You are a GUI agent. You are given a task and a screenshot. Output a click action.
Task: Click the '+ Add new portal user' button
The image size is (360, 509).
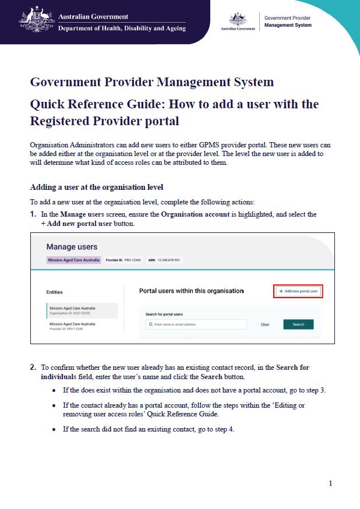coord(298,291)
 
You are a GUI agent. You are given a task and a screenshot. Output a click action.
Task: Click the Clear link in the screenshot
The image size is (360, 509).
coord(264,324)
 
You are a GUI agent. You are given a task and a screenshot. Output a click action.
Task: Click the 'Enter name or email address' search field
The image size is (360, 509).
coord(196,324)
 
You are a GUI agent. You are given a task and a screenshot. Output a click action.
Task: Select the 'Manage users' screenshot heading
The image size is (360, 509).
coord(72,247)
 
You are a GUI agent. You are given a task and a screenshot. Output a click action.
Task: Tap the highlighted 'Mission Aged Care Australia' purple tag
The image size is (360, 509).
coord(74,260)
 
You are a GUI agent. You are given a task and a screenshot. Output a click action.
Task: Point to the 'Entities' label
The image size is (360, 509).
coord(54,292)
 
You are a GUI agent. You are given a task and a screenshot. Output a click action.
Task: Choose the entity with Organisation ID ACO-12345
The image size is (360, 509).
coord(82,310)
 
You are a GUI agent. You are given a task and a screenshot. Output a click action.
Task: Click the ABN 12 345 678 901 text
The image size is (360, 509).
coord(160,260)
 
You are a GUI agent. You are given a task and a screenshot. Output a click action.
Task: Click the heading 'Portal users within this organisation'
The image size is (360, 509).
coord(192,290)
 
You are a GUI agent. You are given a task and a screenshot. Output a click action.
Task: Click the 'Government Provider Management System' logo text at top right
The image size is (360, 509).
coord(288,22)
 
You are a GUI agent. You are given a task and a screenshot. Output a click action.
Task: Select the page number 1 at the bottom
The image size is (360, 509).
coord(330,483)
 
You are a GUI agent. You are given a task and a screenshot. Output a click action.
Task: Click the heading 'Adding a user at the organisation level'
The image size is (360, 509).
coord(97,187)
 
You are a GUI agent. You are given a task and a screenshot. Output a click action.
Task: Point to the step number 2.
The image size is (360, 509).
coord(33,367)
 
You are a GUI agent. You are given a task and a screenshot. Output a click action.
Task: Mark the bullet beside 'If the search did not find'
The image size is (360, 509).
coord(55,429)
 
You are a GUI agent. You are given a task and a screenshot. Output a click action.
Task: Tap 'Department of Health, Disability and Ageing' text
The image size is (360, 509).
coord(122,28)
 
